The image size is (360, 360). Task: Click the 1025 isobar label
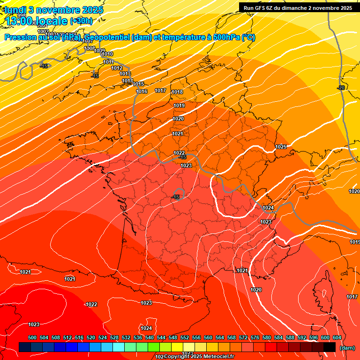coord(281,147)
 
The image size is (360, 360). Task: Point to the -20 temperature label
coord(341,88)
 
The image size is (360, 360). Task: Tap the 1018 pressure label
coord(177,92)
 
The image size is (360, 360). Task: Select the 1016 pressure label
coord(142,91)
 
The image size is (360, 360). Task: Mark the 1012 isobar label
coord(117,68)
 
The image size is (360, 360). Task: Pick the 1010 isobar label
coord(107,54)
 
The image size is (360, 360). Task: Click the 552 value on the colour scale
coord(185,337)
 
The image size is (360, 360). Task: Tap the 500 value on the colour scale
coord(32,337)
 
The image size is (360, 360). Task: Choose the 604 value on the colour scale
coord(337,337)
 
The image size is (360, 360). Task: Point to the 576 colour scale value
coord(255,337)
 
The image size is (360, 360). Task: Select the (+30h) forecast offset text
coord(81,21)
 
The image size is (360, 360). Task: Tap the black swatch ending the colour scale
coord(330,347)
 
